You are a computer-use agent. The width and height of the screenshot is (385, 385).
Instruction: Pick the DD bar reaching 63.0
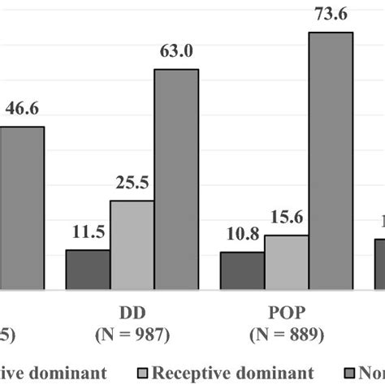click(x=176, y=179)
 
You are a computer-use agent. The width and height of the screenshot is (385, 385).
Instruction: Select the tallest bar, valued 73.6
click(x=331, y=160)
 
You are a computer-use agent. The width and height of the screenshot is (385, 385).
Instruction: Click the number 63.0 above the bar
click(x=176, y=53)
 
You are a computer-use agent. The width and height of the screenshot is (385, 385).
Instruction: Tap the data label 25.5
click(x=132, y=184)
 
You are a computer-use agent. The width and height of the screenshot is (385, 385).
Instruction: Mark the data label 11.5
click(x=88, y=234)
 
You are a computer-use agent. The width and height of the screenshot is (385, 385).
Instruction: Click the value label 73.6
click(x=331, y=14)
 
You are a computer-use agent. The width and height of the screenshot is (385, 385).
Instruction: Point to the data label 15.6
click(x=286, y=219)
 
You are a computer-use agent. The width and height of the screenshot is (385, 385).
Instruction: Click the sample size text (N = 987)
click(x=132, y=334)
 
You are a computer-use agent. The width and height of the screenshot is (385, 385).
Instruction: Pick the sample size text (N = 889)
click(x=286, y=334)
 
